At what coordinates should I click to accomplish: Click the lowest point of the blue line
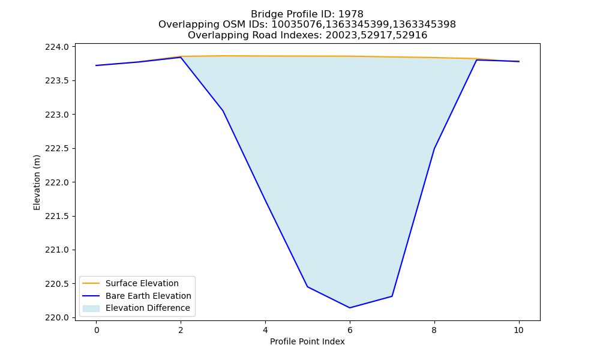(350, 308)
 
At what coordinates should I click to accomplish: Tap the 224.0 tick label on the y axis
(57, 47)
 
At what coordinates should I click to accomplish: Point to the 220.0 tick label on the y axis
(57, 317)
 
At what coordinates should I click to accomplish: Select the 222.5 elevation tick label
(57, 148)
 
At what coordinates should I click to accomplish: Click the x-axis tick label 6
(350, 330)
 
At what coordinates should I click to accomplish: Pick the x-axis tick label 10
(518, 330)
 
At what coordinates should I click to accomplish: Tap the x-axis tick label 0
(97, 330)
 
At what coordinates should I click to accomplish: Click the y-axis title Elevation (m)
(37, 182)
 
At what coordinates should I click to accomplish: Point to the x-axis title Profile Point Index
(307, 341)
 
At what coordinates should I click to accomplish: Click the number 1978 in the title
(351, 14)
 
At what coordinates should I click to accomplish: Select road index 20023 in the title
(338, 35)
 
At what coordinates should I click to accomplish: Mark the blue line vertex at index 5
(308, 287)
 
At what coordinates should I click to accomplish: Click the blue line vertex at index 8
(434, 148)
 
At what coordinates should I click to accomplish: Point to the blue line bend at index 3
(223, 110)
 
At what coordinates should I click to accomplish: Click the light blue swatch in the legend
(91, 308)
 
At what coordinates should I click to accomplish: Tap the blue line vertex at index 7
(392, 296)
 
